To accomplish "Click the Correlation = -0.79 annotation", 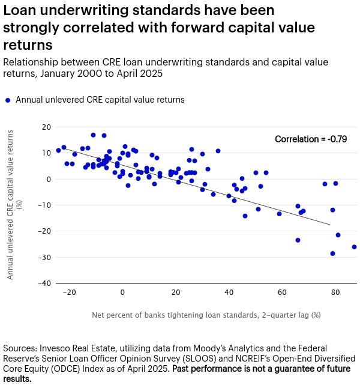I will point(311,139).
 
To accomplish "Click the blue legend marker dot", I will point(7,100).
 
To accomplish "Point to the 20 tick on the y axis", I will point(46,127).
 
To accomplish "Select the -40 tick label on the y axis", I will point(43,283).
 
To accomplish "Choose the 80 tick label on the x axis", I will point(335,293).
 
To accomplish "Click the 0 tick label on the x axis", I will point(122,293).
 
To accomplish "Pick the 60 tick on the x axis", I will point(281,293).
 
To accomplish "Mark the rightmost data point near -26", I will point(354,247).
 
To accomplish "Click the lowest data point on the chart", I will point(332,253).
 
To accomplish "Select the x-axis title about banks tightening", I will point(206,315).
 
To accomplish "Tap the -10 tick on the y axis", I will point(43,205).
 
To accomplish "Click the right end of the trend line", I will point(329,225).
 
